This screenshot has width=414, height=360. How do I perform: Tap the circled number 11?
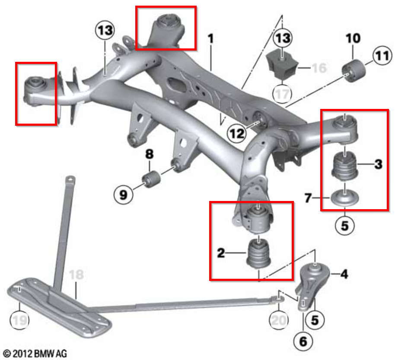pyautogui.click(x=382, y=56)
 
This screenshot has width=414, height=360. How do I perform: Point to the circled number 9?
pyautogui.click(x=124, y=196)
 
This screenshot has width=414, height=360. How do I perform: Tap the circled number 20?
pyautogui.click(x=279, y=320)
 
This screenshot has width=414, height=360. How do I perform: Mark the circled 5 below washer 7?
pyautogui.click(x=345, y=226)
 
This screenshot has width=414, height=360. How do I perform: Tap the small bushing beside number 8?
pyautogui.click(x=151, y=178)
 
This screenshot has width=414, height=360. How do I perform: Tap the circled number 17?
pyautogui.click(x=281, y=94)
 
